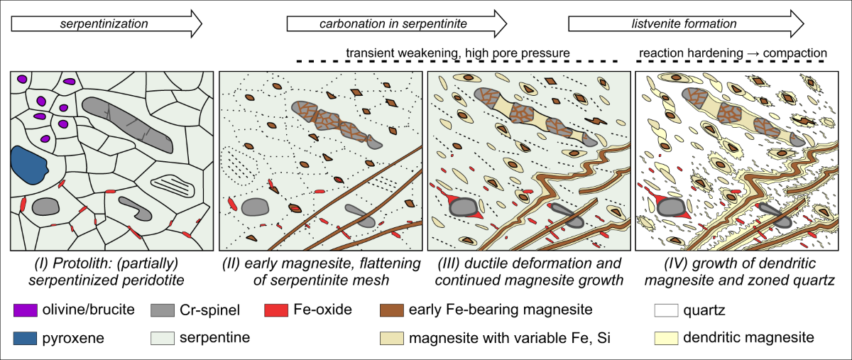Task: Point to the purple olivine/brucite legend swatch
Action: click(x=21, y=310)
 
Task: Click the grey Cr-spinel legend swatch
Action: click(x=161, y=310)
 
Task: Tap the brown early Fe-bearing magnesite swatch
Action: click(x=393, y=310)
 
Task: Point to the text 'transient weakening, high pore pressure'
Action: click(x=458, y=53)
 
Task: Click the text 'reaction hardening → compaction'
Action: click(x=733, y=53)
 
